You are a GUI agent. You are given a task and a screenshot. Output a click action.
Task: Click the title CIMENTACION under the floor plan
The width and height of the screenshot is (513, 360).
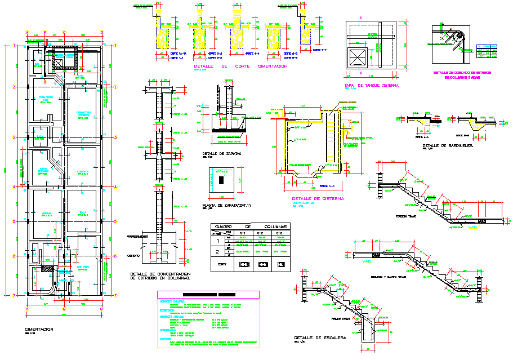[x=39, y=329]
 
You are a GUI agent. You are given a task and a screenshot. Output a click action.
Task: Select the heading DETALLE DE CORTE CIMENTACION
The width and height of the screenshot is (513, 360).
[x=240, y=66]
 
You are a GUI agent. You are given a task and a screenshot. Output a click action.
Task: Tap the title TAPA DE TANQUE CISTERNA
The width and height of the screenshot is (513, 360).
[x=371, y=86]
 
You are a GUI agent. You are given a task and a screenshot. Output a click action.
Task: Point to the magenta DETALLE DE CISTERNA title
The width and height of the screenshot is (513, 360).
[x=318, y=199]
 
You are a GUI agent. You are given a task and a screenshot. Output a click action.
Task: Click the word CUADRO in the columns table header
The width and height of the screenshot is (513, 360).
[x=228, y=226]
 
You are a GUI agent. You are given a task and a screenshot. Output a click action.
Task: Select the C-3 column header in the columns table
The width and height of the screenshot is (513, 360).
[x=279, y=232]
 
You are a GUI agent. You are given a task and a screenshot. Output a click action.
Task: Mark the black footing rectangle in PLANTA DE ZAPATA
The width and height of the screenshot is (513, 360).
[x=222, y=180]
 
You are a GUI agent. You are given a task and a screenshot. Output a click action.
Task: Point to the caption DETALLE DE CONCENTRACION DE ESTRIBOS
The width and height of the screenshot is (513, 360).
[x=160, y=275]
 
